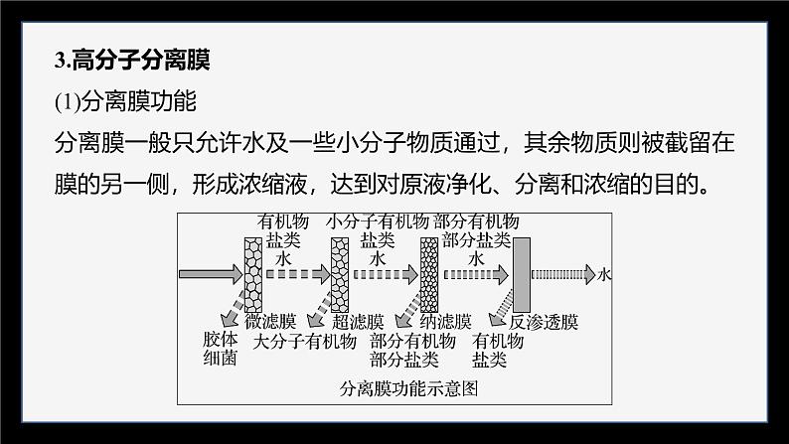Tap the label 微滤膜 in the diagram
click(x=274, y=322)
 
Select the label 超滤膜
click(x=359, y=322)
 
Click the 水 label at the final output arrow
click(x=605, y=272)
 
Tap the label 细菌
click(x=217, y=359)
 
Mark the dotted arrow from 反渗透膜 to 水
click(x=561, y=272)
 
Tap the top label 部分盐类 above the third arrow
click(x=477, y=239)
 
